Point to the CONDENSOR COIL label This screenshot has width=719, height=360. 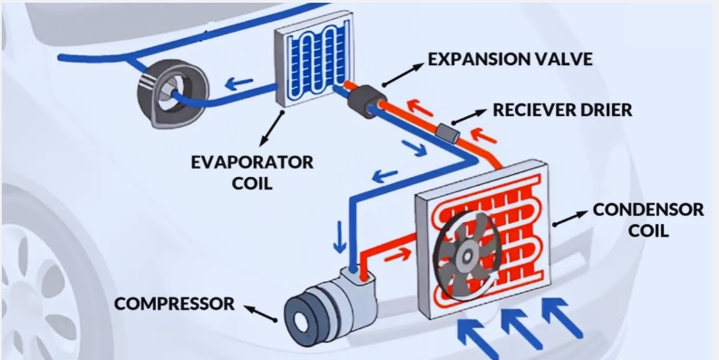647,219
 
